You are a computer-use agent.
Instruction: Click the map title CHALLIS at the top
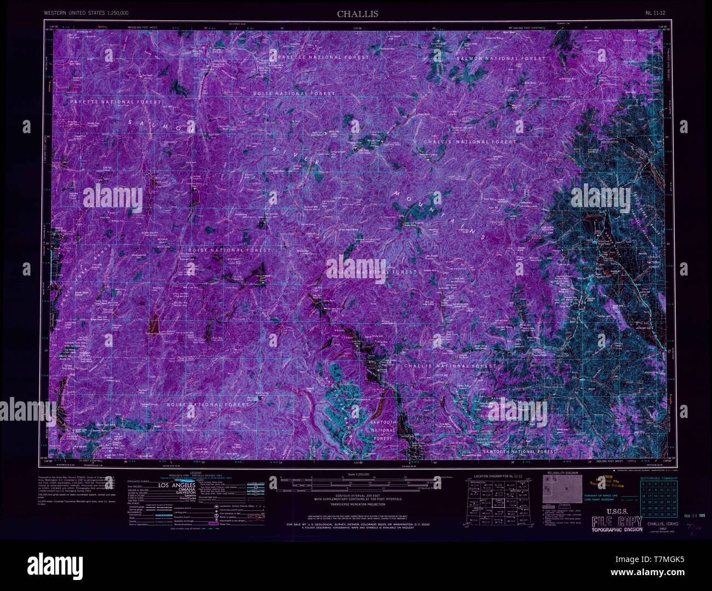pos(357,14)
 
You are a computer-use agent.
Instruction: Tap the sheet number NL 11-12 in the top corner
pos(656,12)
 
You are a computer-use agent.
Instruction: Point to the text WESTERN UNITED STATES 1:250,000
pos(86,12)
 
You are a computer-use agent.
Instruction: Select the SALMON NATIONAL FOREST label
pos(501,58)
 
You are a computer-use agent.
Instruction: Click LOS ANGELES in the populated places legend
pos(176,485)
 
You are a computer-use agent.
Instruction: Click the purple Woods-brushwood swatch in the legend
pos(214,524)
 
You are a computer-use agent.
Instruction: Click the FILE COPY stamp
pos(616,521)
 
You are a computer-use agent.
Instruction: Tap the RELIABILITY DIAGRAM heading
pos(562,473)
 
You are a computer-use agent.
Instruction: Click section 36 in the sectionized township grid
pos(674,514)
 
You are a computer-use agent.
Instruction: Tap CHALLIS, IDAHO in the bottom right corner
pos(662,524)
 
